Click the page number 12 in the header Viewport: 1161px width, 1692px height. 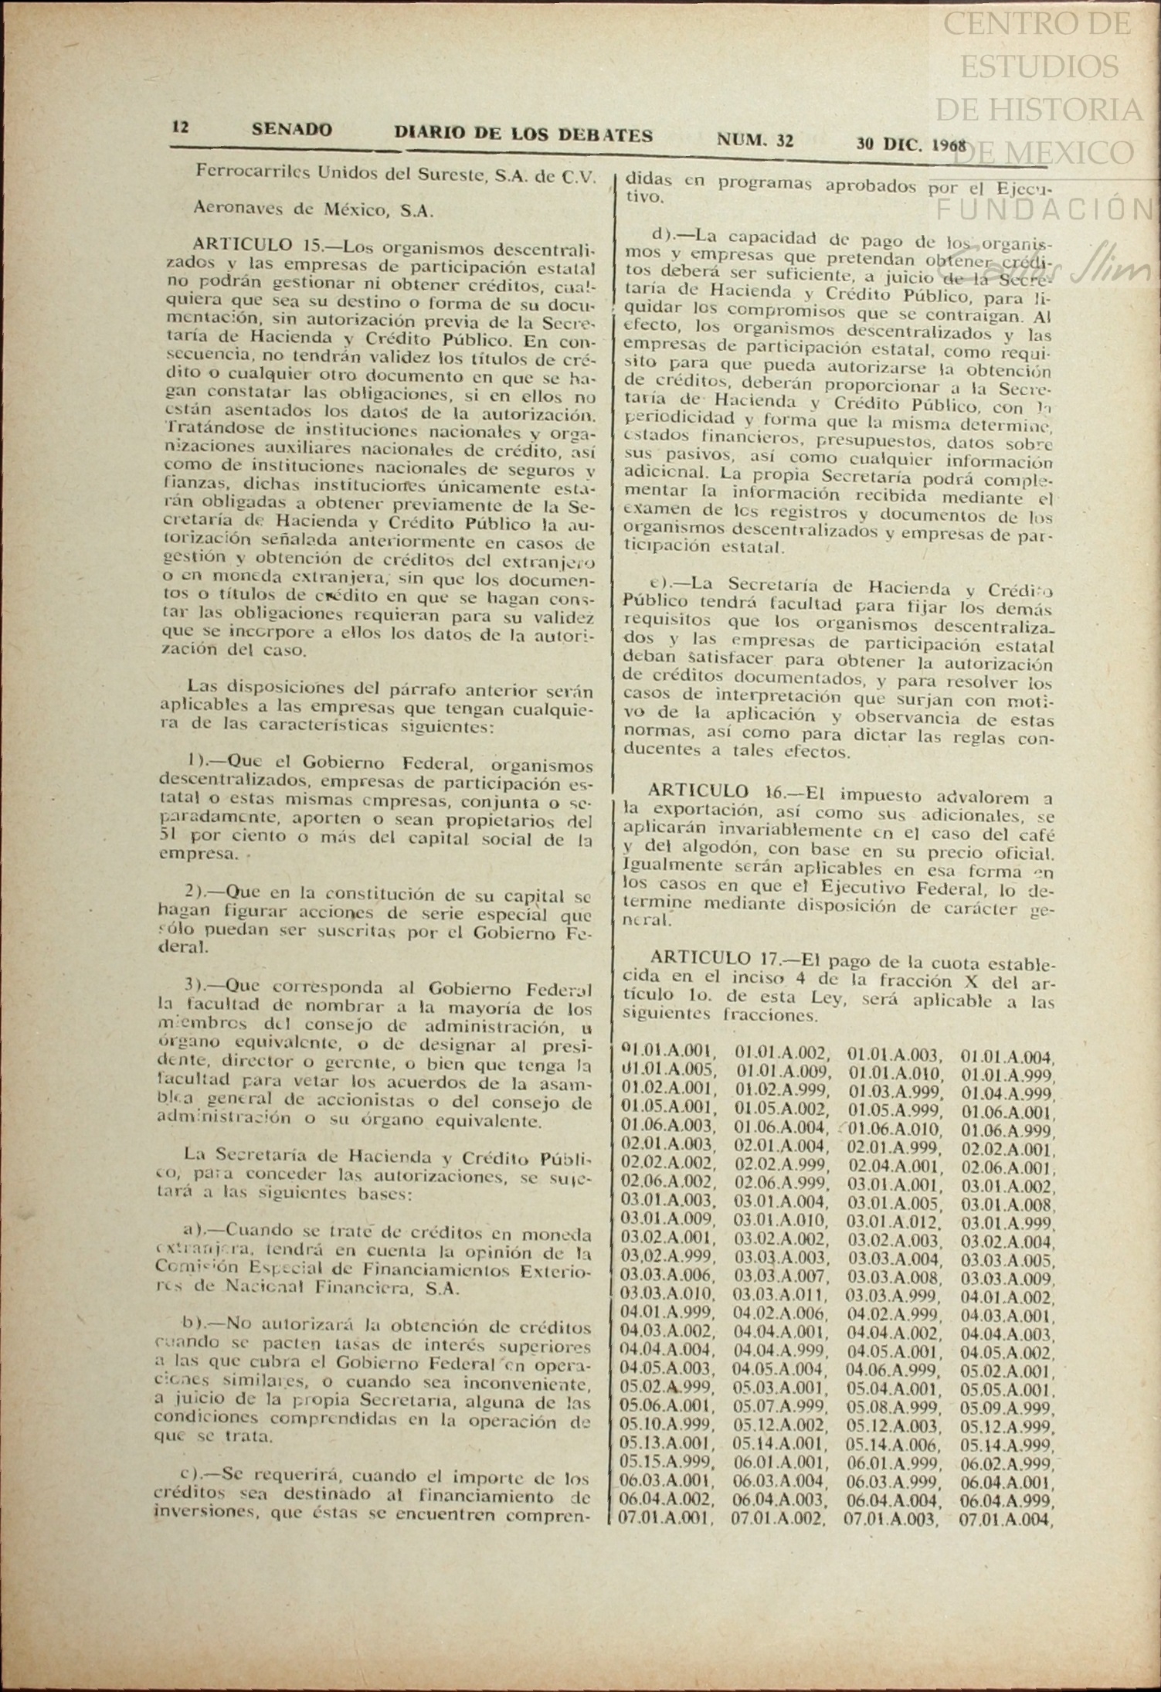click(x=180, y=127)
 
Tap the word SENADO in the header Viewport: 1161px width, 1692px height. click(x=291, y=130)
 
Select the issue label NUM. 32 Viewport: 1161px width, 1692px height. click(x=755, y=139)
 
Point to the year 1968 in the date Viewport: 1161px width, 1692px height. click(x=951, y=145)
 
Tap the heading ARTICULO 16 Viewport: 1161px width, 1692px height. click(x=715, y=792)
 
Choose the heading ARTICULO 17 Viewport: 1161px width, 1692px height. click(x=715, y=959)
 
